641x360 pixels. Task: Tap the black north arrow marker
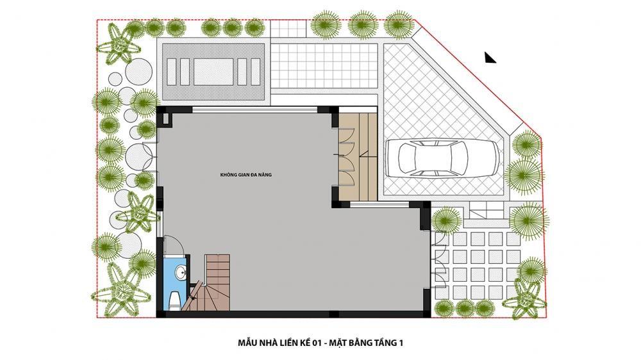pos(490,58)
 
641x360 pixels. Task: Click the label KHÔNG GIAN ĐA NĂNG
pos(246,175)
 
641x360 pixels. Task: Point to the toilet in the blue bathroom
pos(173,301)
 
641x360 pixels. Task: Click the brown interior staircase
pos(212,282)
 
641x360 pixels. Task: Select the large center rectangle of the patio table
pos(213,72)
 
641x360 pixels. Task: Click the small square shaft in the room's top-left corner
pos(167,119)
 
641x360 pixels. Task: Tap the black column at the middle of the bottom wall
pos(335,315)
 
